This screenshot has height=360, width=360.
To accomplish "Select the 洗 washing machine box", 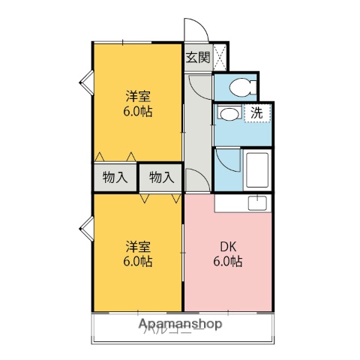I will tap(256, 114).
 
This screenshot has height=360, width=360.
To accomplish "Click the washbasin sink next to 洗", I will tap(229, 114).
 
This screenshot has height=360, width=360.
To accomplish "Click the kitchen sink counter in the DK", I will tap(242, 202).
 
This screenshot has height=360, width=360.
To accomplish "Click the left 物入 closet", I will tap(115, 178).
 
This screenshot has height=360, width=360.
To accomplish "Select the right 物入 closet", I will tap(160, 178).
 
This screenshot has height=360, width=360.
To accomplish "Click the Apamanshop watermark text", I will tap(180, 325).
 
